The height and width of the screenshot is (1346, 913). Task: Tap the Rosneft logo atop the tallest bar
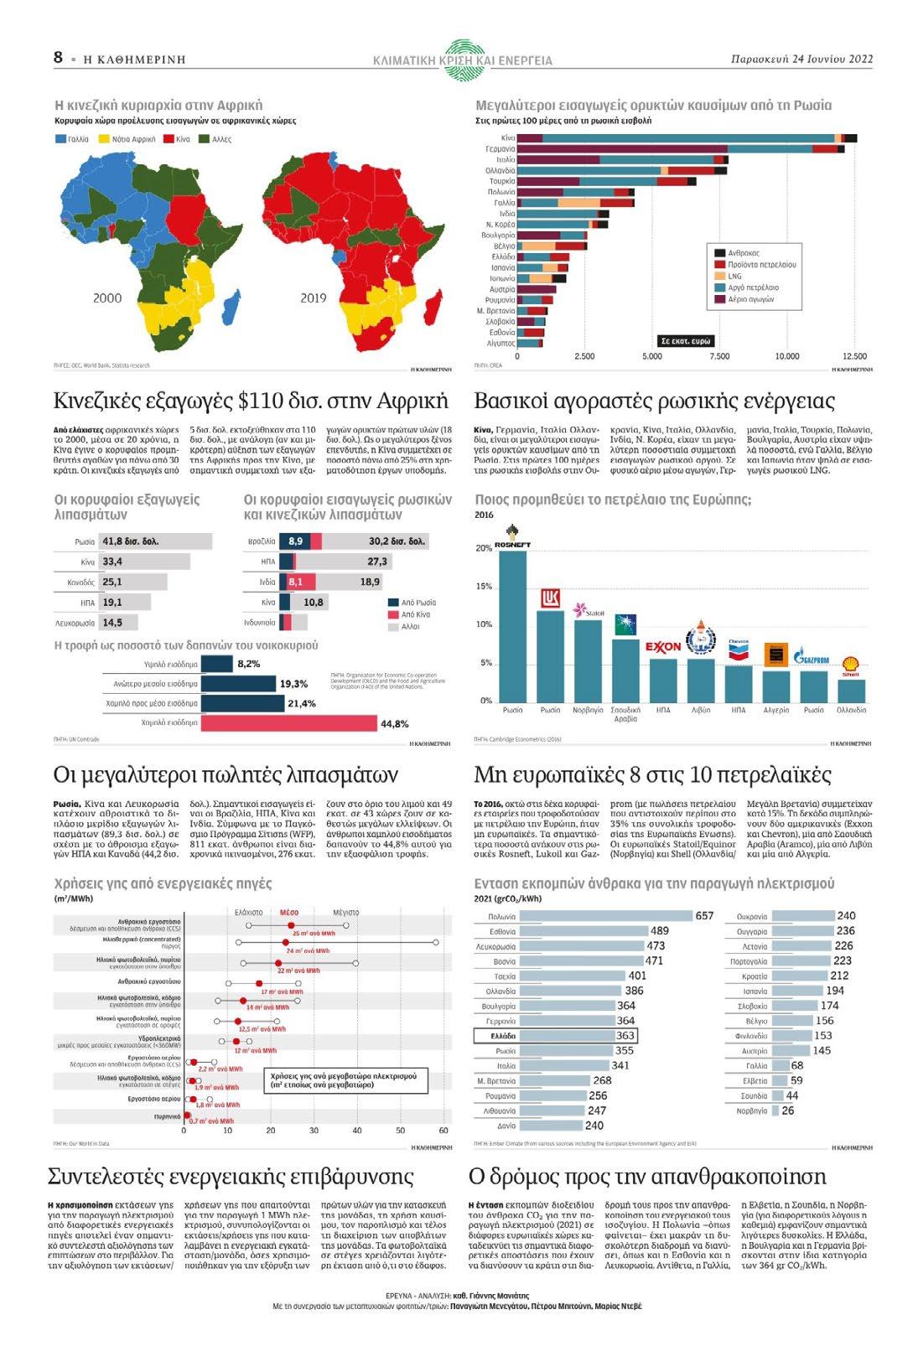tap(513, 538)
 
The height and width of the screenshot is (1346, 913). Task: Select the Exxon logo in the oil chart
tap(663, 647)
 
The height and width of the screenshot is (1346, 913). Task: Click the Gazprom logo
tap(812, 659)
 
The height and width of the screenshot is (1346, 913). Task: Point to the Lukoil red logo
tap(550, 598)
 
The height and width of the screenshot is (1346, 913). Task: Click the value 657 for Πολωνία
tap(704, 916)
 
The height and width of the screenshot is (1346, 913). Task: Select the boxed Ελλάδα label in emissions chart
tap(503, 1036)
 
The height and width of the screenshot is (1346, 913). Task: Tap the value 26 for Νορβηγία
tap(788, 1110)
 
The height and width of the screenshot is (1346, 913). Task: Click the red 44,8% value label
tap(394, 723)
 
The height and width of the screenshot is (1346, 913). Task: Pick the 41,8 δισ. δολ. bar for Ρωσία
tap(156, 541)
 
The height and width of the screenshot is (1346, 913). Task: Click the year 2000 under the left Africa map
tap(107, 298)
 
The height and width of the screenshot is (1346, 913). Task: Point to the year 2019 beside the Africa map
tap(314, 298)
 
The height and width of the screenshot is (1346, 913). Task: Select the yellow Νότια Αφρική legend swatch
tap(105, 139)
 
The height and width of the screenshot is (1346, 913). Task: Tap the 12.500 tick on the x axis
tap(854, 356)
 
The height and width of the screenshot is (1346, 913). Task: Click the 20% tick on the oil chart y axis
tap(484, 548)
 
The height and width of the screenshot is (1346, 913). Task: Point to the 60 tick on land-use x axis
tap(444, 1131)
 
